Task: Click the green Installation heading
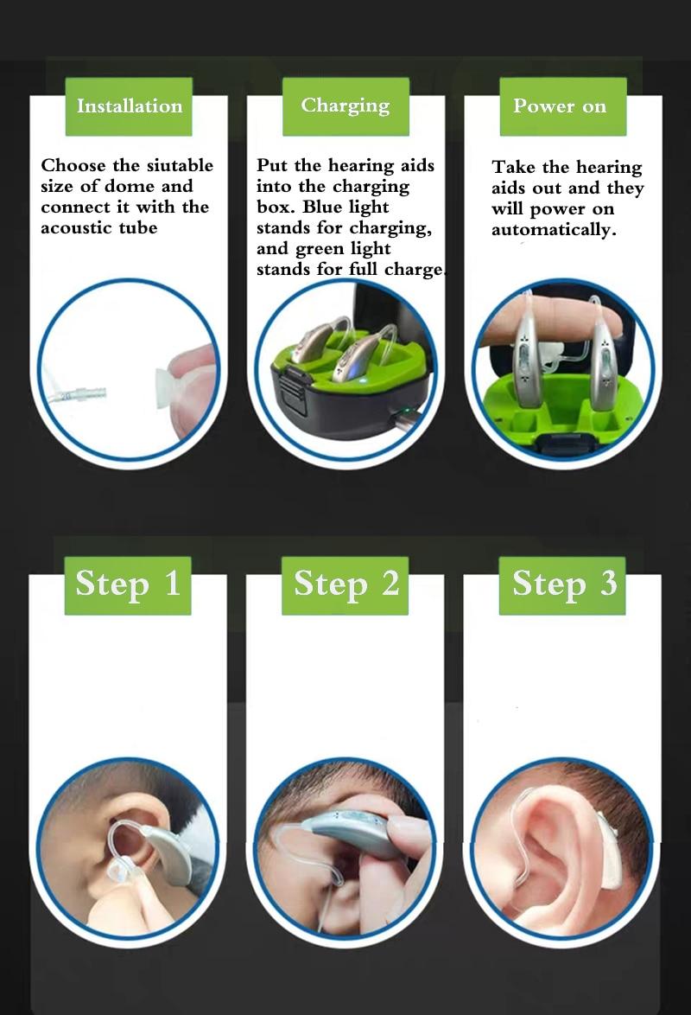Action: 129,106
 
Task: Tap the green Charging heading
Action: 345,106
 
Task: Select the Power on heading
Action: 563,106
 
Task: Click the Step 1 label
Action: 128,585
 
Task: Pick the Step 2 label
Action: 345,585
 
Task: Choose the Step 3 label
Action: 562,585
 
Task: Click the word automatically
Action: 553,231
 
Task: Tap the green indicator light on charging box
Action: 405,411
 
